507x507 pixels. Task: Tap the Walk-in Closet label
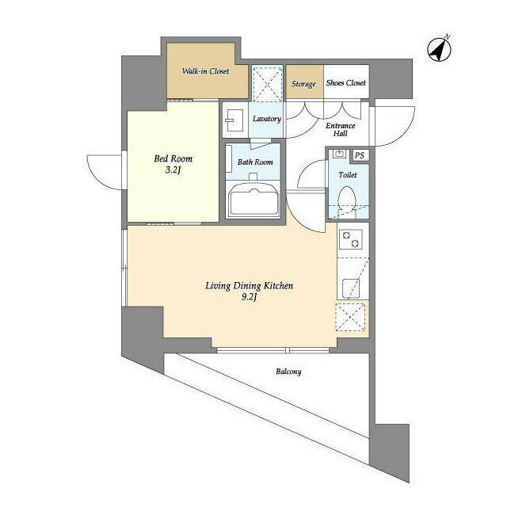tap(205, 71)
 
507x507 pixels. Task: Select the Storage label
tap(303, 84)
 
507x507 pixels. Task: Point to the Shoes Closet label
tap(346, 83)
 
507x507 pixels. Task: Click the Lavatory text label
tap(267, 120)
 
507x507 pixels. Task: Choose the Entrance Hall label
tap(341, 130)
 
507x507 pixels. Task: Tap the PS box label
tap(360, 156)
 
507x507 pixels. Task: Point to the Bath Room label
tap(255, 162)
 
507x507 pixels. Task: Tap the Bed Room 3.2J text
tap(173, 164)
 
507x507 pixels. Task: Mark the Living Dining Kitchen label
tap(250, 285)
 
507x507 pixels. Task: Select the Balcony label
tap(288, 372)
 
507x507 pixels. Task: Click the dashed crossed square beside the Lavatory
tap(267, 83)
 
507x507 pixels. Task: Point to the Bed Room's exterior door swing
tap(103, 168)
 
